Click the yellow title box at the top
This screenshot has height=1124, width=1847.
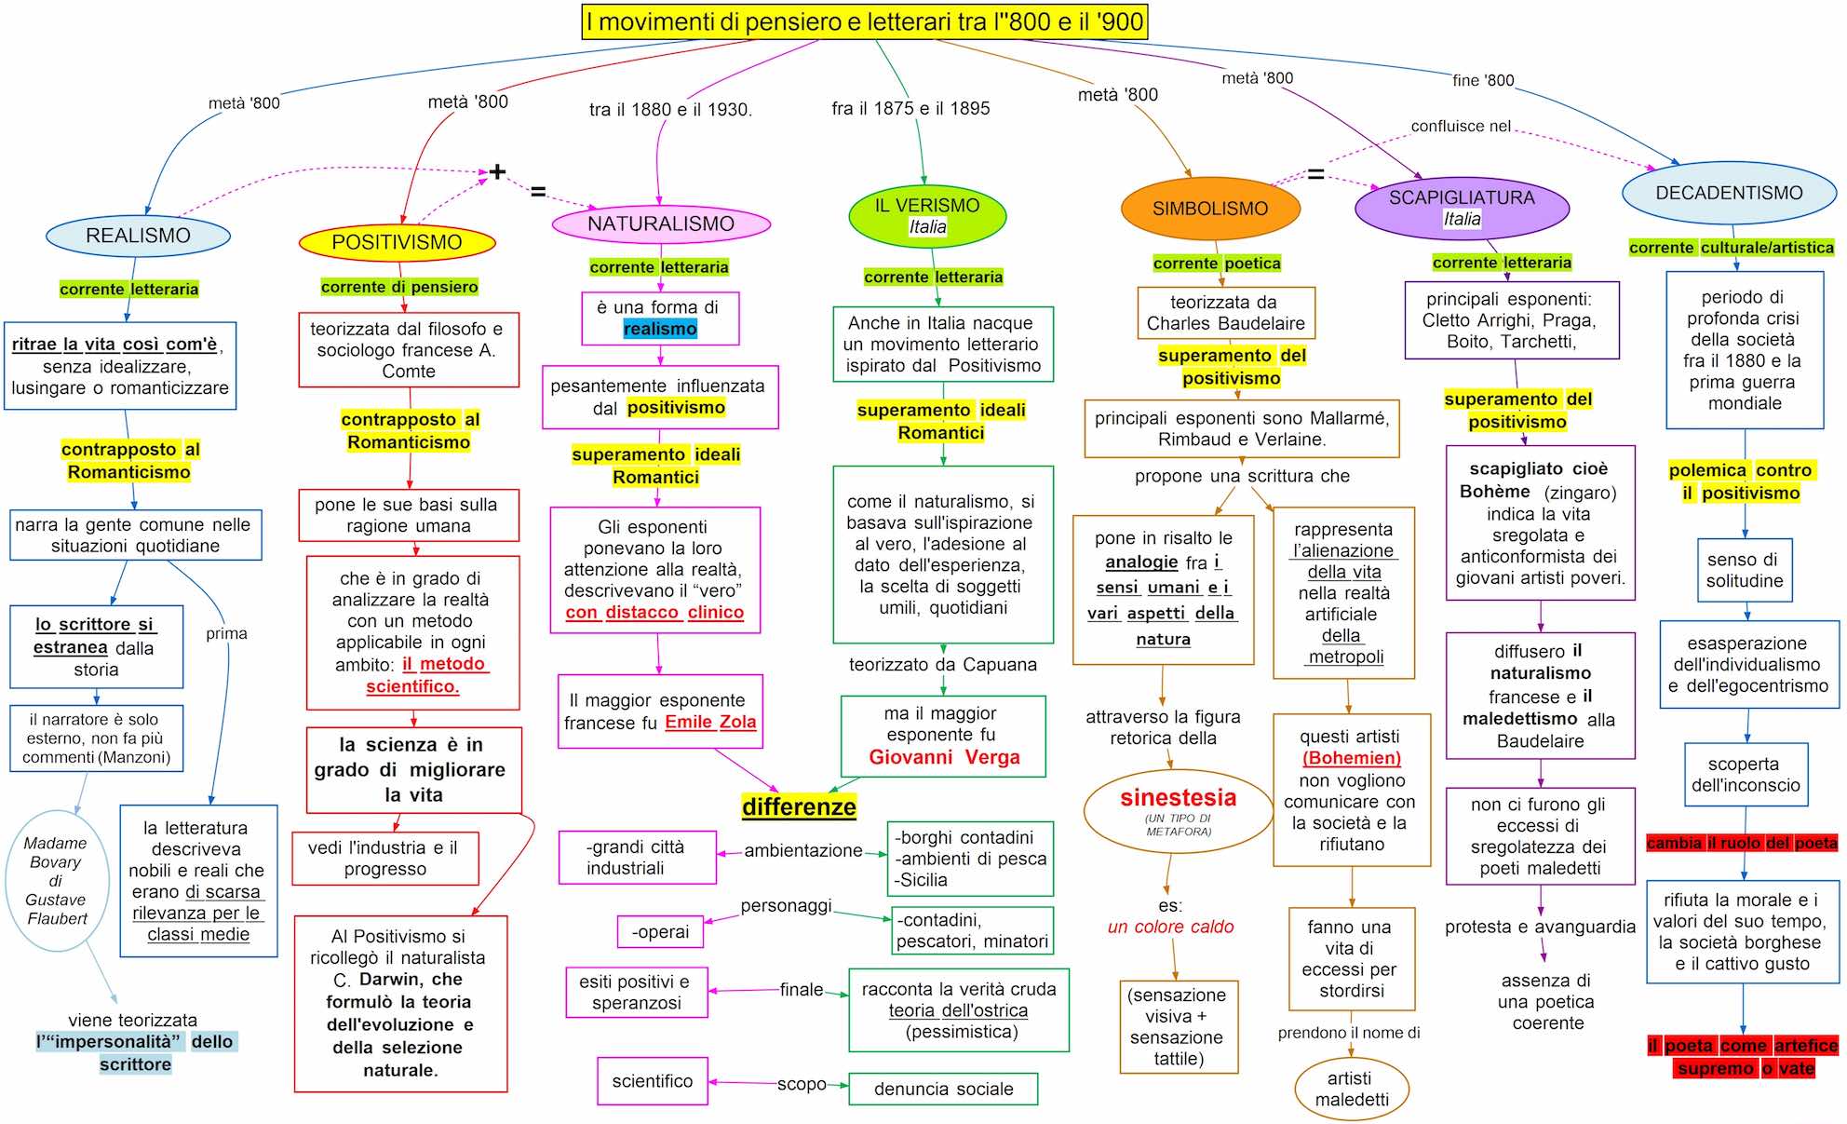(x=865, y=22)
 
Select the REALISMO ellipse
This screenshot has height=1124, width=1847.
(x=138, y=236)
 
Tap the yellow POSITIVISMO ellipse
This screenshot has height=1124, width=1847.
(x=397, y=242)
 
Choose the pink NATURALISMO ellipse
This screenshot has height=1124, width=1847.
(x=661, y=223)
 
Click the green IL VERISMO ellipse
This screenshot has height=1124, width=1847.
(x=927, y=215)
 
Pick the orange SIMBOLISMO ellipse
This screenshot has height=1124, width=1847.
(x=1210, y=209)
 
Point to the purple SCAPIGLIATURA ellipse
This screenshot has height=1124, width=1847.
(x=1462, y=208)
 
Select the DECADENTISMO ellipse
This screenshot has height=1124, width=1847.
(x=1729, y=193)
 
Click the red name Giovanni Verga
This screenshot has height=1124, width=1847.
(x=944, y=757)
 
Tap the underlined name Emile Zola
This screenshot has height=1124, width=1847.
(x=710, y=722)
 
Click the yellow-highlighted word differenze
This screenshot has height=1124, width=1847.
(x=799, y=806)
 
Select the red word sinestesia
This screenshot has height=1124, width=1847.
(x=1178, y=797)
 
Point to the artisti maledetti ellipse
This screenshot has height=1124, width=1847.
(x=1351, y=1089)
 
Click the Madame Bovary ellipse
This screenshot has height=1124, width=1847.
(x=57, y=880)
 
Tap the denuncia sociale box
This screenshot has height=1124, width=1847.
(x=943, y=1089)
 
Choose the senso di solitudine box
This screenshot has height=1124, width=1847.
(x=1744, y=570)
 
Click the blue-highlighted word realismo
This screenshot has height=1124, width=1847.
(x=660, y=329)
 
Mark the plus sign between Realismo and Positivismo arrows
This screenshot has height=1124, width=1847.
(x=497, y=171)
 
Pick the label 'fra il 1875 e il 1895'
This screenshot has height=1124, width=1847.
(x=910, y=108)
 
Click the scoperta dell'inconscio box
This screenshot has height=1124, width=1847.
(x=1746, y=774)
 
